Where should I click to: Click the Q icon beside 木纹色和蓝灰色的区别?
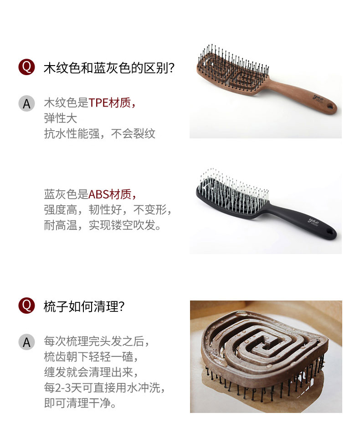tap(26, 67)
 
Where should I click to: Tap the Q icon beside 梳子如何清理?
tap(26, 306)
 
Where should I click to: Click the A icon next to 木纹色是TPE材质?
tap(26, 104)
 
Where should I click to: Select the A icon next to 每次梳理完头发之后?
tap(26, 342)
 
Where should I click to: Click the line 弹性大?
tap(60, 118)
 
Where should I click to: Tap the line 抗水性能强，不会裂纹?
tap(99, 133)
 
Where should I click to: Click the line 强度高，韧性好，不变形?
tap(108, 209)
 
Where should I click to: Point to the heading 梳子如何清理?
tap(84, 306)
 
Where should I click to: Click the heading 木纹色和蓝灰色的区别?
tap(109, 68)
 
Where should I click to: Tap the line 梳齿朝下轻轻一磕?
tap(91, 357)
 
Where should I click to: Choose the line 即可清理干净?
tap(80, 403)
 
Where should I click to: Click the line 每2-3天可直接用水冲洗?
tap(104, 387)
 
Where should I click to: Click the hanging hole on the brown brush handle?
tap(331, 107)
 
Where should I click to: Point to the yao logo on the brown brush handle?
tap(318, 98)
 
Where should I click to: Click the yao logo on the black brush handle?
tap(314, 221)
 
